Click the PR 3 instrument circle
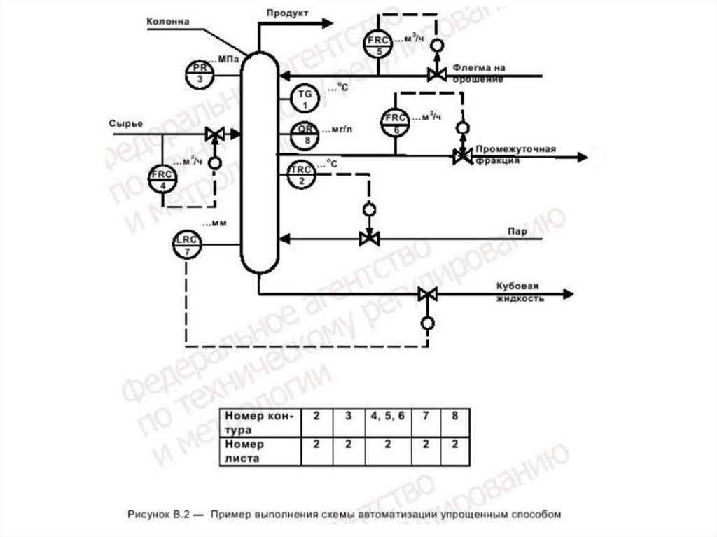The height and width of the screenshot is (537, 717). pos(201,73)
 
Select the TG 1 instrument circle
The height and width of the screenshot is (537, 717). pos(304,98)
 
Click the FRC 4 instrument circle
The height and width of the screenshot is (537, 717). pos(163,179)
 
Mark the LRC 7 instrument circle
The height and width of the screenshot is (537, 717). pos(187,245)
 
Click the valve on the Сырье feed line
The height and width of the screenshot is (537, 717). pos(214,133)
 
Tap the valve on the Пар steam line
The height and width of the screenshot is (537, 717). pos(368,239)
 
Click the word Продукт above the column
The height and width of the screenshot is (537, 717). pos(287,13)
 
